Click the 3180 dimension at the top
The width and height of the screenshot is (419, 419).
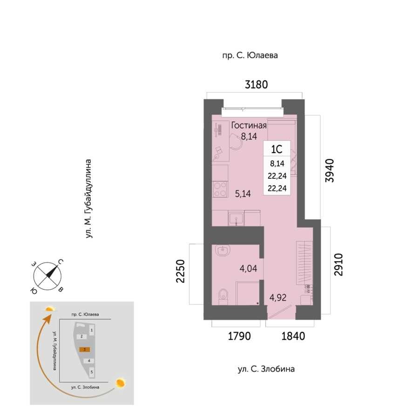pyautogui.click(x=256, y=84)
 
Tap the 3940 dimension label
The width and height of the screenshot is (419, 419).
pyautogui.click(x=330, y=170)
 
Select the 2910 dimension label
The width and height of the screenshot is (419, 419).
pyautogui.click(x=338, y=264)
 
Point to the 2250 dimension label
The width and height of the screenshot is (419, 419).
pyautogui.click(x=180, y=271)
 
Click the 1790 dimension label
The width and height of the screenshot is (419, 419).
pyautogui.click(x=239, y=336)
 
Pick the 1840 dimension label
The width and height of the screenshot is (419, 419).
pyautogui.click(x=293, y=336)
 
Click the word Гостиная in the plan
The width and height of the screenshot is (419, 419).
pyautogui.click(x=249, y=125)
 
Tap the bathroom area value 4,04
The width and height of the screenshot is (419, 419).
pyautogui.click(x=249, y=269)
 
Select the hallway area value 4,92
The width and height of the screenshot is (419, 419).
pyautogui.click(x=278, y=297)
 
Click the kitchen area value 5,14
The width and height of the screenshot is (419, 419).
pyautogui.click(x=243, y=194)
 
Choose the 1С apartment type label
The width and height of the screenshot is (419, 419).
pyautogui.click(x=277, y=149)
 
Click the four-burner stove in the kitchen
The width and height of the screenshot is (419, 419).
pyautogui.click(x=220, y=189)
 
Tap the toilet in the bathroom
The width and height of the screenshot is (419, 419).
pyautogui.click(x=223, y=297)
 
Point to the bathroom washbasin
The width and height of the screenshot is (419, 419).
pyautogui.click(x=222, y=250)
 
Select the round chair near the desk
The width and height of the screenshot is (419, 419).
pyautogui.click(x=236, y=142)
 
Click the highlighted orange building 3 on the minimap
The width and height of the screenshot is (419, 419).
pyautogui.click(x=84, y=349)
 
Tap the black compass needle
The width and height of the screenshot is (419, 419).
pyautogui.click(x=52, y=271)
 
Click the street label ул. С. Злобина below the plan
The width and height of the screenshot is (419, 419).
pyautogui.click(x=266, y=369)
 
